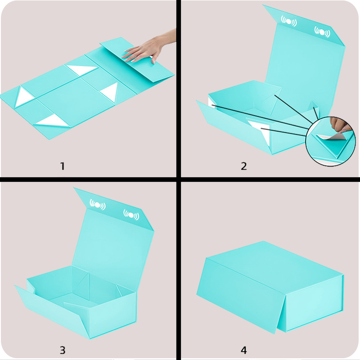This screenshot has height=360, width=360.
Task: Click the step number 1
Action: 62,166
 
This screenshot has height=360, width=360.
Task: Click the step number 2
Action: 244,166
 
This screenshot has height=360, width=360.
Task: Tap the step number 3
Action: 63,350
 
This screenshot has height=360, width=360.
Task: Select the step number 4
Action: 244,350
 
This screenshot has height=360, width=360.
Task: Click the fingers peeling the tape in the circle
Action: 339,125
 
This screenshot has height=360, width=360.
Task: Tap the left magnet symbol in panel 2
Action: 289,21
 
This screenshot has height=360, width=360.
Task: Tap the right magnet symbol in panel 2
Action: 322,32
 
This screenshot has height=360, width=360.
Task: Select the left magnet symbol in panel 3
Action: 98,204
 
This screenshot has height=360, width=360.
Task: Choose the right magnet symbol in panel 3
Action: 131,215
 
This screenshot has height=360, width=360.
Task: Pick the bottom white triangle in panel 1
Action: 53,121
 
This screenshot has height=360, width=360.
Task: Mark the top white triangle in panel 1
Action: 82,70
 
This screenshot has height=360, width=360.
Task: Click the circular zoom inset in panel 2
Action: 331,141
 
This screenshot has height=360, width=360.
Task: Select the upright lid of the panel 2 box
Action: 306,62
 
